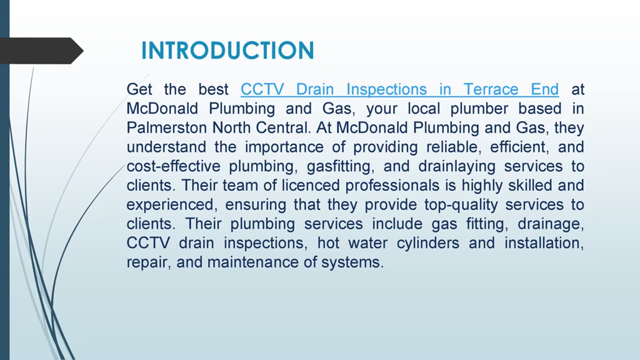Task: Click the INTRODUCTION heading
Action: click(x=227, y=51)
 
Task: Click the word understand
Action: click(x=166, y=147)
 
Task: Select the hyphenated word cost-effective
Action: click(x=173, y=166)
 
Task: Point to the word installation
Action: click(x=543, y=243)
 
